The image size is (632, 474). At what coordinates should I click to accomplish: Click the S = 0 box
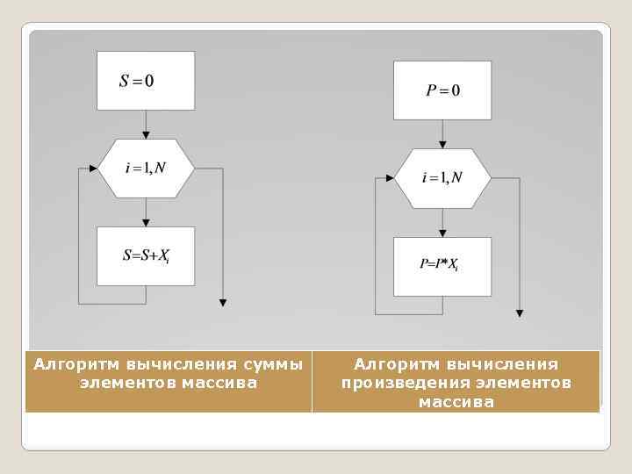pyautogui.click(x=146, y=81)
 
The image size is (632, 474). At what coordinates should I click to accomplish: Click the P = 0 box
pyautogui.click(x=442, y=90)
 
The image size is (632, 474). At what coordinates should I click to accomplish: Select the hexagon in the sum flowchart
pyautogui.click(x=146, y=168)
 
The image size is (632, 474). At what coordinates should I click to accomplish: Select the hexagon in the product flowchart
pyautogui.click(x=442, y=178)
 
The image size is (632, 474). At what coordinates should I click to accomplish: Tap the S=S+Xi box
pyautogui.click(x=146, y=256)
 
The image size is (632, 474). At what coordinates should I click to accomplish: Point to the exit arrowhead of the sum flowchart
pyautogui.click(x=222, y=303)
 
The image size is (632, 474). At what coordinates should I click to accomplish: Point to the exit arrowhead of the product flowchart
pyautogui.click(x=520, y=312)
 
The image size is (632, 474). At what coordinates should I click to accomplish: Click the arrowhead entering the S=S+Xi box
pyautogui.click(x=146, y=223)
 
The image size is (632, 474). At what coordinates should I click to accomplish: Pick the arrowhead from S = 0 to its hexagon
pyautogui.click(x=146, y=134)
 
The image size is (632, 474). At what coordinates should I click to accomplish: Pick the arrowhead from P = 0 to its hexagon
pyautogui.click(x=442, y=144)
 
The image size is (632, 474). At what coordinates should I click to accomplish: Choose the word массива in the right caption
pyautogui.click(x=456, y=402)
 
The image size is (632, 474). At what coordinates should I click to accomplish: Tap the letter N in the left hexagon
pyautogui.click(x=160, y=168)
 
